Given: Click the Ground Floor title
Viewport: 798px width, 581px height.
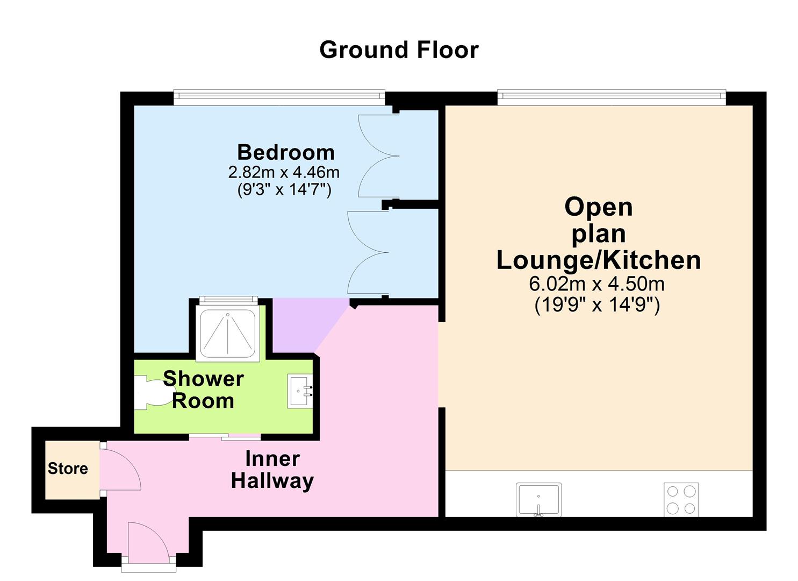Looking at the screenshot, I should [399, 50].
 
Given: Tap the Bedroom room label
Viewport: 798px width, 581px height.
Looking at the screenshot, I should [286, 152].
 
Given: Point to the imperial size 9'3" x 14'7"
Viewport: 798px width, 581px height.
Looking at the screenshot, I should [284, 189].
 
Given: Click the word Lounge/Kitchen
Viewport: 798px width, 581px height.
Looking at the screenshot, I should [598, 260].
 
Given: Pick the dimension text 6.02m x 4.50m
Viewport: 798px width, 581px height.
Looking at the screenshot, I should [596, 284].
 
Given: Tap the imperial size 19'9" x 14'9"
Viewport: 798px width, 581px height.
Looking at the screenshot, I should [596, 305].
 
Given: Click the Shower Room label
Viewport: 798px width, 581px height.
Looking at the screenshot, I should [203, 389].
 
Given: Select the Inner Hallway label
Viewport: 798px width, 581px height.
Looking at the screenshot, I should [272, 469].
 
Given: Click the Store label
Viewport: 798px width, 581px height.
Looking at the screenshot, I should [68, 469].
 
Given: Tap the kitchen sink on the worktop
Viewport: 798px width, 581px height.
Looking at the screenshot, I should [538, 499].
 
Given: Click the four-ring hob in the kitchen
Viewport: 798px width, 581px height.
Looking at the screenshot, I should [681, 499].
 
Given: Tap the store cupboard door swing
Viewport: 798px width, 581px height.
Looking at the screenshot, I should [119, 467].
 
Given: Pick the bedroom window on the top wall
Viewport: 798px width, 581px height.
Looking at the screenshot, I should [279, 97].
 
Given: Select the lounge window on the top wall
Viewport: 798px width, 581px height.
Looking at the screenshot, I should [611, 97].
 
